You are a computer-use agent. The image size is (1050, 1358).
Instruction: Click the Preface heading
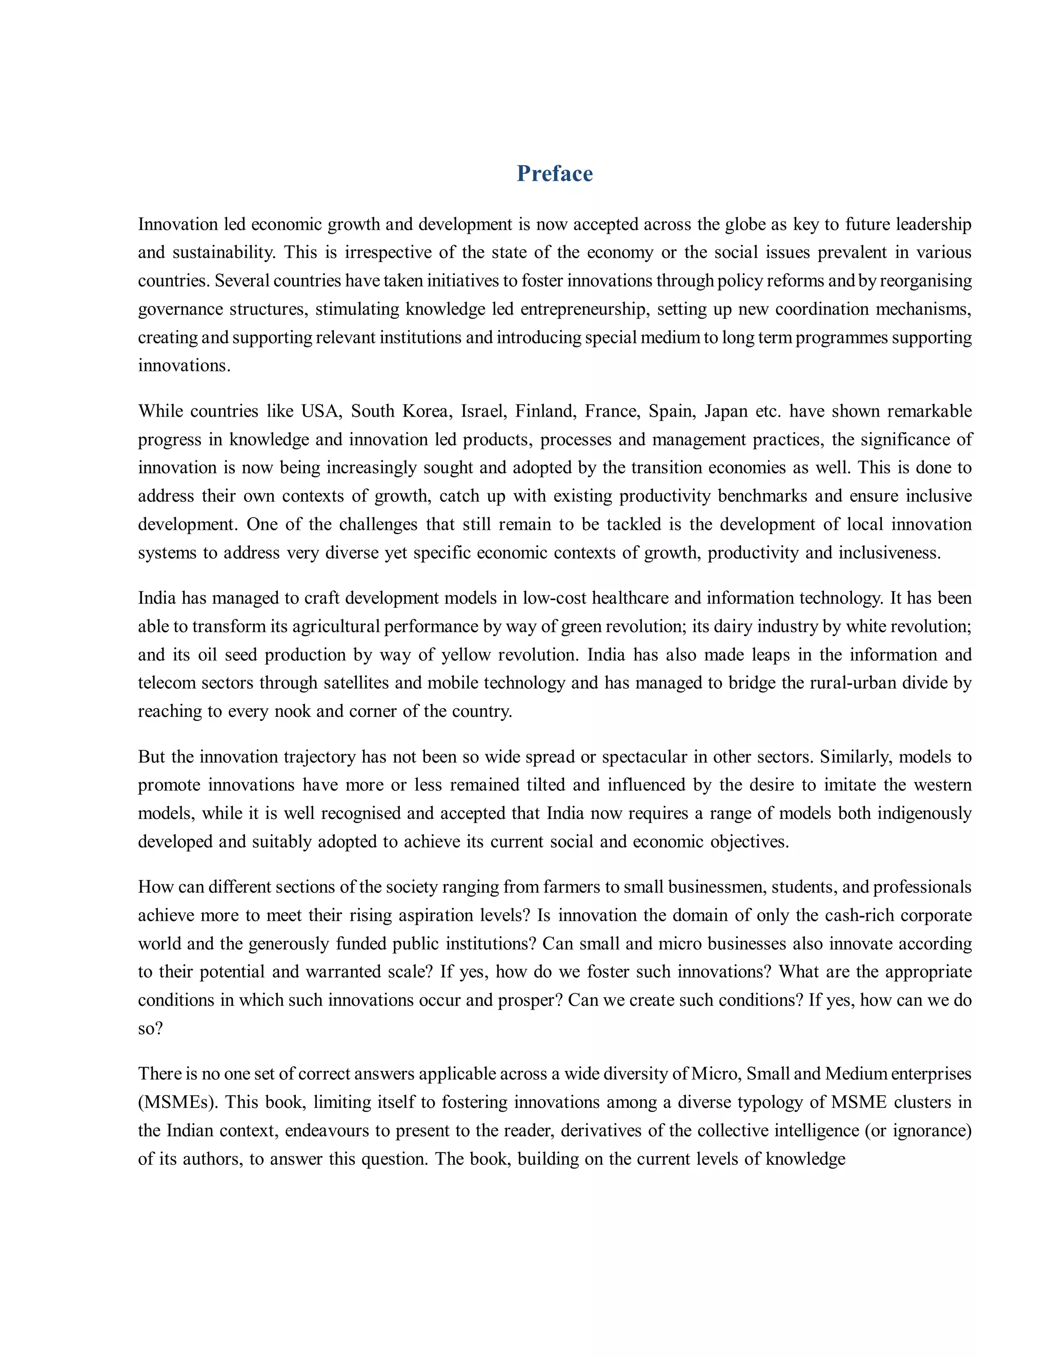pos(554,174)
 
